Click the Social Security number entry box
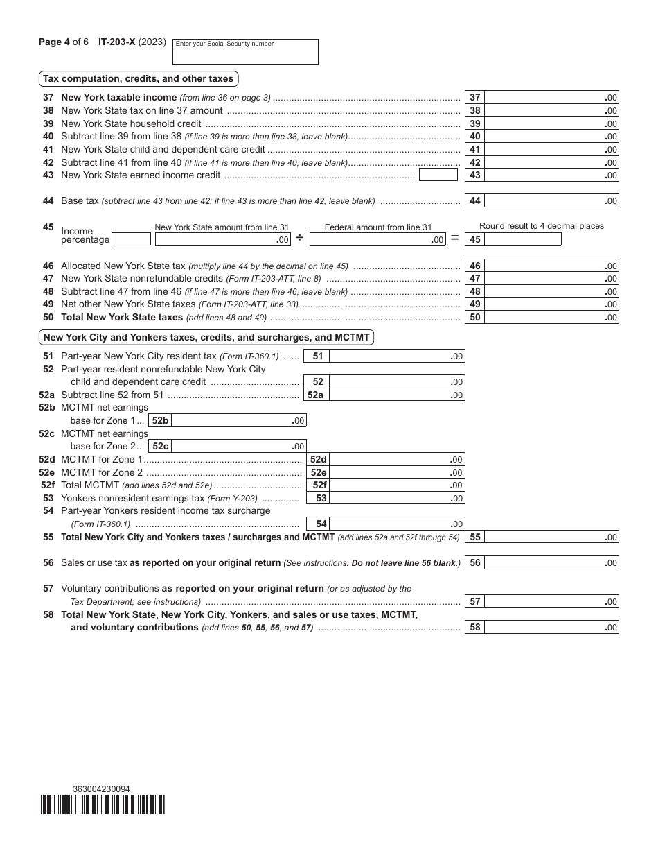(244, 52)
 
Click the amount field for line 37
(551, 98)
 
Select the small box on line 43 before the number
(438, 175)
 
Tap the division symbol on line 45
(300, 239)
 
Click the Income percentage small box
(131, 239)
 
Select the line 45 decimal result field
(523, 239)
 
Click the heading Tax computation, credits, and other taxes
(139, 78)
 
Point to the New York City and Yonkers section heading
(206, 338)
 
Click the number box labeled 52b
(160, 421)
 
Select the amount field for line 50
(551, 318)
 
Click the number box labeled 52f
(319, 485)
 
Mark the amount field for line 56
(551, 563)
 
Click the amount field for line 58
(551, 628)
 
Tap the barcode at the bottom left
(102, 804)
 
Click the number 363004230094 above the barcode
(101, 789)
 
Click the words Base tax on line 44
(80, 201)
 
